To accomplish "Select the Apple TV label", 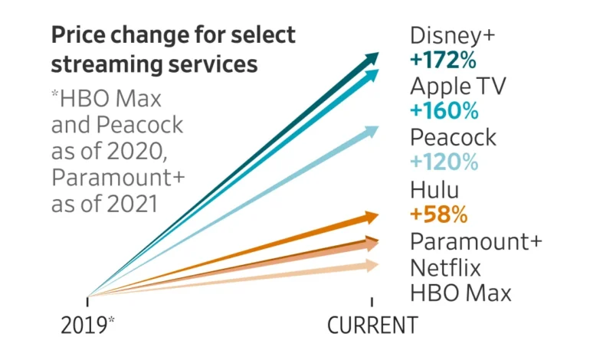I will [x=457, y=85].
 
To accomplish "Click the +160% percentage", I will [x=444, y=110].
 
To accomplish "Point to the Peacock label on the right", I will [x=453, y=138].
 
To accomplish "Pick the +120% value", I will [x=444, y=162].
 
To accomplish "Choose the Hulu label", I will [x=434, y=188].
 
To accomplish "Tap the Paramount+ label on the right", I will [x=476, y=241].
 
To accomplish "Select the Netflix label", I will [x=445, y=268].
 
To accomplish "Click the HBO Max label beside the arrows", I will [x=460, y=293].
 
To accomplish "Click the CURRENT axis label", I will [x=372, y=325].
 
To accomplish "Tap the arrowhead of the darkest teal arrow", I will [x=373, y=57].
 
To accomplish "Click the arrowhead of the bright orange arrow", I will [x=372, y=217].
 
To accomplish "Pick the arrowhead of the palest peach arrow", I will [x=373, y=265].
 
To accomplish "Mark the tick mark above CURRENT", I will [x=372, y=301].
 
